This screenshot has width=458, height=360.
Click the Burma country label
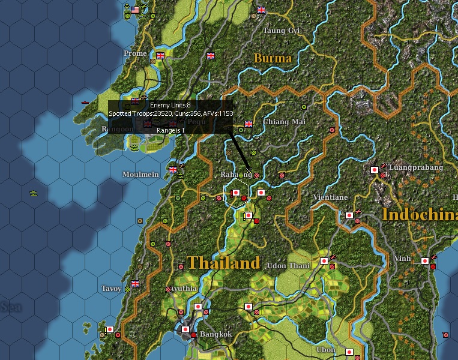[x=273, y=58]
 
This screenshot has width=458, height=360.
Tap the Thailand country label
[x=223, y=263]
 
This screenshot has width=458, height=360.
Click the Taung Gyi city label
[x=281, y=30]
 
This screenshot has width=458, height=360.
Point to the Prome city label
[x=135, y=53]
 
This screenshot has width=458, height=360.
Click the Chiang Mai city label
[x=280, y=122]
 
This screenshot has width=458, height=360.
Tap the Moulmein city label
[x=140, y=174]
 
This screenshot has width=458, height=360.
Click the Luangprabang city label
[x=416, y=167]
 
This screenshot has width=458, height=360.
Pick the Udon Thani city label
[x=288, y=266]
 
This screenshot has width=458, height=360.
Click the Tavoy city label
[x=111, y=289]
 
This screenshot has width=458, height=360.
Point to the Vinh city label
[x=403, y=259]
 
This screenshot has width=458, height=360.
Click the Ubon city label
[x=326, y=350]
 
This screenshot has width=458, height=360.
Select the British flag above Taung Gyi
[x=261, y=10]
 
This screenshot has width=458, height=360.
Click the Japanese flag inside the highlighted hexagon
[x=236, y=193]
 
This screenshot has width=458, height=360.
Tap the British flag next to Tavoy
[x=135, y=284]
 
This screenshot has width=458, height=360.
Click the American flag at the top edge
[x=135, y=10]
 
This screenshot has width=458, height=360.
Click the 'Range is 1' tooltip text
[x=171, y=130]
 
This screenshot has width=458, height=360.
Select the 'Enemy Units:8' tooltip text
[x=170, y=105]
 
